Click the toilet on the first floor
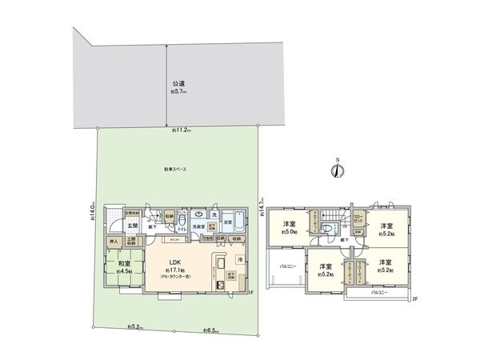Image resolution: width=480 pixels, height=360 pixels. click(x=183, y=222)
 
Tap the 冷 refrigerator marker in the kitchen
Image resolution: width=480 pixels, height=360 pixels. click(x=238, y=261)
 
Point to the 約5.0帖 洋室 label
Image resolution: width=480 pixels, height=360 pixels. click(x=289, y=228)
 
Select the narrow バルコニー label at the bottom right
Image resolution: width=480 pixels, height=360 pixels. click(x=381, y=295)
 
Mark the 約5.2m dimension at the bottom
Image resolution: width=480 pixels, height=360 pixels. click(x=134, y=326)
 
